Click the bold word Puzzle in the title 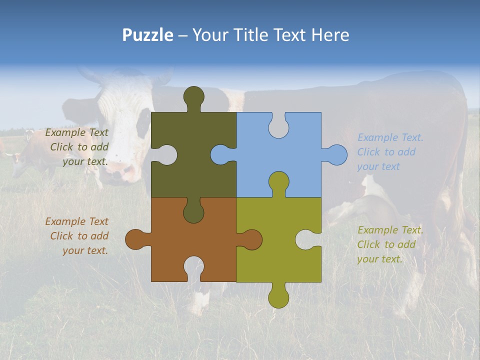click(x=148, y=35)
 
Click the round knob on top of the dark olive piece click(x=193, y=96)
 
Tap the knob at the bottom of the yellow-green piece click(x=278, y=297)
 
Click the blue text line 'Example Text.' click(x=390, y=137)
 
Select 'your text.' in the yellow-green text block click(x=379, y=259)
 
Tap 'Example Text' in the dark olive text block click(x=76, y=132)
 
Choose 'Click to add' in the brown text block click(x=79, y=236)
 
